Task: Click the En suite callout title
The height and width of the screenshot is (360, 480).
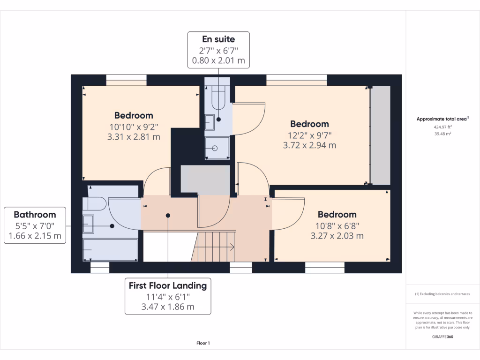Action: [x=218, y=39]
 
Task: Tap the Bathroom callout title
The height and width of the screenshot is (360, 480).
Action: [x=35, y=215]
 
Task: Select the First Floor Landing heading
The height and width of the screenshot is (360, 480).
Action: [x=168, y=285]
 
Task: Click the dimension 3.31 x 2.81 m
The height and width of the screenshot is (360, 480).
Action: [x=134, y=137]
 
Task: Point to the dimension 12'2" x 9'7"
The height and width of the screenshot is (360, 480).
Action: [x=309, y=135]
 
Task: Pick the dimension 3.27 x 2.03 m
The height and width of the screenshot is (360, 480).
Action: [x=337, y=236]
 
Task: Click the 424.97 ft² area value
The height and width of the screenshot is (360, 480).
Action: [x=442, y=127]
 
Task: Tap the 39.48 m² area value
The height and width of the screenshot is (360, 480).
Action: [x=442, y=134]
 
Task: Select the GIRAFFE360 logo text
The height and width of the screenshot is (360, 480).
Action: [x=442, y=337]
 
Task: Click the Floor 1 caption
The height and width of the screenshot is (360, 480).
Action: [x=203, y=343]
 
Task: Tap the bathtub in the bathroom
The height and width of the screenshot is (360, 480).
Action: [x=111, y=249]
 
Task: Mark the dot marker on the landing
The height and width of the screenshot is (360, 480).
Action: [x=168, y=216]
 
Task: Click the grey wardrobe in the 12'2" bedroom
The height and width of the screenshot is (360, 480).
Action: [x=380, y=135]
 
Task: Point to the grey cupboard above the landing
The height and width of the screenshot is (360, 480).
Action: [x=205, y=179]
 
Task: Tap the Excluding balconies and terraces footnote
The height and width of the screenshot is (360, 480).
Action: [x=442, y=294]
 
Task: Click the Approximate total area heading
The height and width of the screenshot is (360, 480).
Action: [x=442, y=119]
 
